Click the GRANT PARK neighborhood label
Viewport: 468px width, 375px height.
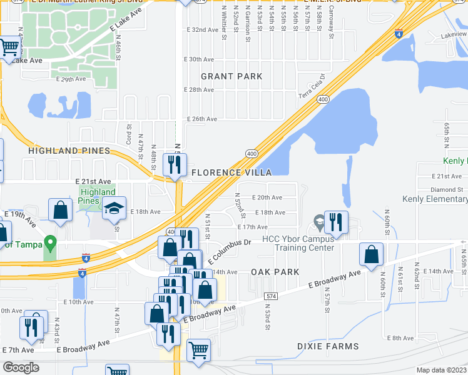[231, 76]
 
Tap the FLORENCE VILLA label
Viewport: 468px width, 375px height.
[231, 172]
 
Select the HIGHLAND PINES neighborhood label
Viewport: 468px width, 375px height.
[69, 151]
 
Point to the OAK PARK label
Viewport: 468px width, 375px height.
[275, 272]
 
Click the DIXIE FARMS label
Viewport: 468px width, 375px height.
[328, 346]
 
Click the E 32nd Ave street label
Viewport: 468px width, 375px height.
[202, 30]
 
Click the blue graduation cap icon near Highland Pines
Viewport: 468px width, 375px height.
[114, 208]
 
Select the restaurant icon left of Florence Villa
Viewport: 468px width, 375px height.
[173, 164]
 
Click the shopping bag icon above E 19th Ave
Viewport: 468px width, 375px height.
[60, 210]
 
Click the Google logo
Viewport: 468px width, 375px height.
[21, 367]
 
